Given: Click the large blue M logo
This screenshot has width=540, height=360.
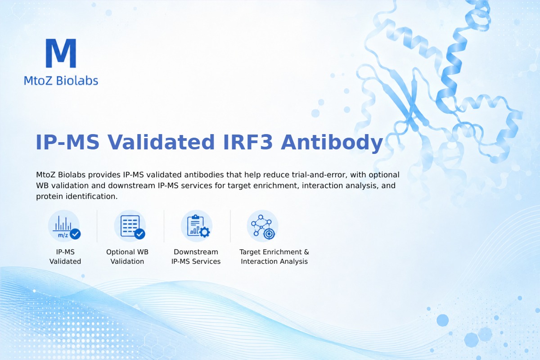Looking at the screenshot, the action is [61, 53].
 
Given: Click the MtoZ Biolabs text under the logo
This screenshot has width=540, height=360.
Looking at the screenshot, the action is [61, 81].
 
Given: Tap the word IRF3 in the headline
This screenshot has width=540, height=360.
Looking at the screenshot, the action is [248, 142].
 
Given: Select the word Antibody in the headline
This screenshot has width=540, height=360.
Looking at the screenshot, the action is [332, 143].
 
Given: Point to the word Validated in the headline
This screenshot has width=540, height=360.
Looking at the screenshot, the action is [161, 142].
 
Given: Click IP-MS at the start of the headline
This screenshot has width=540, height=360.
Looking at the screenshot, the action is [67, 142].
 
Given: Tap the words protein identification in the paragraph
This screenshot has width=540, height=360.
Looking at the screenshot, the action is [76, 196].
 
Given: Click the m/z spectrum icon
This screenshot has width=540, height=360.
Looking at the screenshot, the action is [64, 226].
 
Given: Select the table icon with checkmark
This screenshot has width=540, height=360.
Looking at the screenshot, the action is [130, 226].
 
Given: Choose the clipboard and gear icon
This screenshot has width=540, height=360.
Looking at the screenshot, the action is [197, 226].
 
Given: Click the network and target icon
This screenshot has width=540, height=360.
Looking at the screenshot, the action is [262, 226].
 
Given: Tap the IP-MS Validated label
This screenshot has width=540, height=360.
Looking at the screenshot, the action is [65, 256].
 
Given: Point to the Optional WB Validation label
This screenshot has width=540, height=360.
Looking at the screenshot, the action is [127, 256].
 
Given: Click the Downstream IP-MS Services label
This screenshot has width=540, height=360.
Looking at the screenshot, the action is [196, 256].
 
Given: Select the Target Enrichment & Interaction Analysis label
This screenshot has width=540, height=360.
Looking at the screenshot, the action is [274, 256].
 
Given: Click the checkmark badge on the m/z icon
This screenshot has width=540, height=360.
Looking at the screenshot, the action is [75, 234].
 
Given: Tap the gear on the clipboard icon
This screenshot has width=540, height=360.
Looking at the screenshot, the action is [205, 232].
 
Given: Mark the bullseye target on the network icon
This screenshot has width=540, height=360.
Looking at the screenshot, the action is [269, 234].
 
